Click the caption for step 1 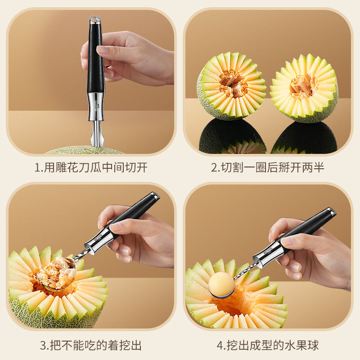click(91, 168)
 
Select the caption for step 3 click(91, 346)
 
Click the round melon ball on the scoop click(222, 284)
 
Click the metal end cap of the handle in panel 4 click(331, 211)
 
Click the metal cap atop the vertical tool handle click(95, 20)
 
